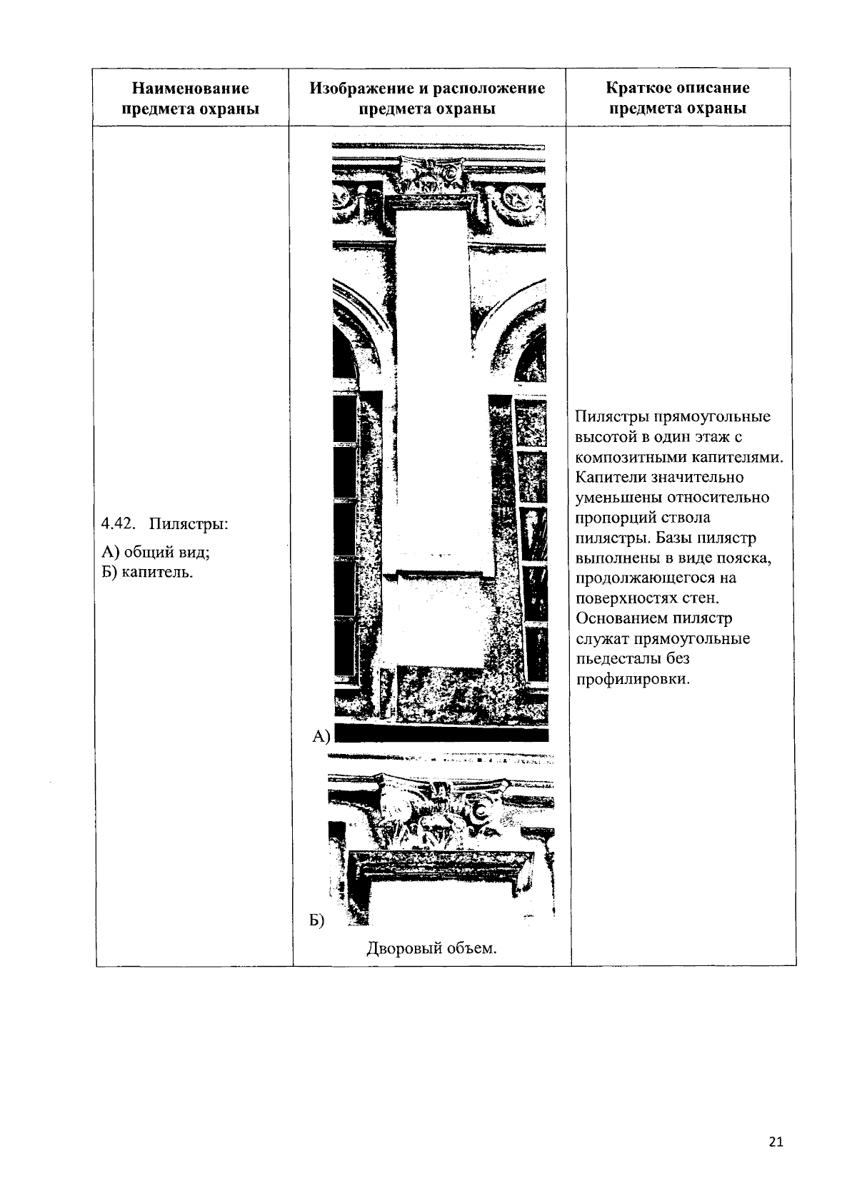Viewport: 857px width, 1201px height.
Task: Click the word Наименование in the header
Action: tap(191, 89)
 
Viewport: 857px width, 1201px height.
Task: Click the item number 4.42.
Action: tap(118, 524)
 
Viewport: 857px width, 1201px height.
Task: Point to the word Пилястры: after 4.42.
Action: tap(189, 524)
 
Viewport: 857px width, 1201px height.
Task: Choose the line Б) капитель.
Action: tap(147, 572)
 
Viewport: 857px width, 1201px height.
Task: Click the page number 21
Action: tap(776, 1142)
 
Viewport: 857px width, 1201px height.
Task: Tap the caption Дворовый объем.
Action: tap(431, 948)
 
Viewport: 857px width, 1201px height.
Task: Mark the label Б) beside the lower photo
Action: tap(316, 921)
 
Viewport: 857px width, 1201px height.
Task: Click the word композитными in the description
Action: tap(631, 457)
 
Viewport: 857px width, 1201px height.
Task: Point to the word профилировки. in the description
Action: tap(633, 678)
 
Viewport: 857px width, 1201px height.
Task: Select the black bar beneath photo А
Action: tap(441, 735)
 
